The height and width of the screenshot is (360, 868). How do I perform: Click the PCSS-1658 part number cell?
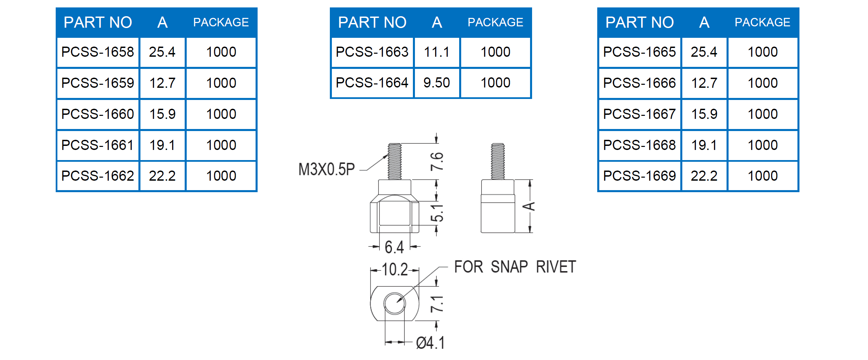(98, 52)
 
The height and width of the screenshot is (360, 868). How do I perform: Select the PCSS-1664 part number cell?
(372, 83)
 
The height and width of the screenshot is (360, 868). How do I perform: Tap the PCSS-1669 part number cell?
(639, 176)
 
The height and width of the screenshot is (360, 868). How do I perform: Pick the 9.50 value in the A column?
(437, 83)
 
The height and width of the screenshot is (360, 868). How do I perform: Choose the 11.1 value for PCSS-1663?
(437, 52)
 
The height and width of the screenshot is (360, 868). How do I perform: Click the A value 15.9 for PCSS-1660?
(162, 114)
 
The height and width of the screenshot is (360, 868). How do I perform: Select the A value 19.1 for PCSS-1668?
(704, 145)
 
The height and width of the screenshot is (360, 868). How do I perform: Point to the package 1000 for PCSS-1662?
(221, 176)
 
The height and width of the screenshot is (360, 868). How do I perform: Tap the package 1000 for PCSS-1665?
(763, 52)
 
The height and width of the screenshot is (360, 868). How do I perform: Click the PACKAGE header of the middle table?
(495, 22)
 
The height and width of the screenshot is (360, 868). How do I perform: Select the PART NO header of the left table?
(98, 22)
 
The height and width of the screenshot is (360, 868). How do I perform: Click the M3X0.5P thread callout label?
(326, 169)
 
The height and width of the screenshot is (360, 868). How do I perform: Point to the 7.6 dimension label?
(437, 161)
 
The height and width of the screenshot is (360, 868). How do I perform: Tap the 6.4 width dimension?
(394, 247)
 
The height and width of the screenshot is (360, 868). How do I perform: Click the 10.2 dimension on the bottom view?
(394, 269)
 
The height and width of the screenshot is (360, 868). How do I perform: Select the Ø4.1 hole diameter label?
(430, 343)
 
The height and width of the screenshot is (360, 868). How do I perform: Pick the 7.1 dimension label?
(437, 304)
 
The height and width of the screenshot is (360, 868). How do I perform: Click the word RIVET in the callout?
(556, 267)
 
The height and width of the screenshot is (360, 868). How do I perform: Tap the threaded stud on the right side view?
(498, 161)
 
